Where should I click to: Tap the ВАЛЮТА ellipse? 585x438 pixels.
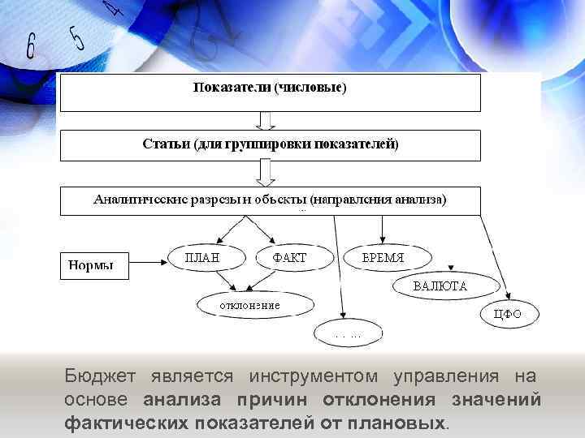click(440, 286)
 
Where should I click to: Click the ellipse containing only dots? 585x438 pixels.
click(350, 333)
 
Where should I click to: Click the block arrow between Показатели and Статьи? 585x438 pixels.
click(266, 120)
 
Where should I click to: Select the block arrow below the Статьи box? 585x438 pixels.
click(266, 173)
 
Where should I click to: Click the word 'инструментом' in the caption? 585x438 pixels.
click(314, 377)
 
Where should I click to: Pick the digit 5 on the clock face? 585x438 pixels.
click(77, 36)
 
